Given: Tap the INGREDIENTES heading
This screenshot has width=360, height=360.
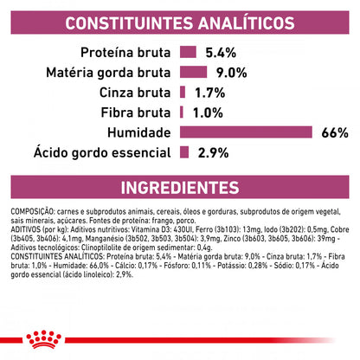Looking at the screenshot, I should point(180,187).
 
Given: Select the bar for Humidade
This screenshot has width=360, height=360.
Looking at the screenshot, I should point(246,132).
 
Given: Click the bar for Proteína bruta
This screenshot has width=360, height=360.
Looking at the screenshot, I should point(187,51).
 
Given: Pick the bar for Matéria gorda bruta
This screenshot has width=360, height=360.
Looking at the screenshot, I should point(190,71).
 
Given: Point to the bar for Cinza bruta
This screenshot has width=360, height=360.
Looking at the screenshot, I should point(183,91).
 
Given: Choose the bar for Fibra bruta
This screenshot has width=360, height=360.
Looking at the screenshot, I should point(182,111).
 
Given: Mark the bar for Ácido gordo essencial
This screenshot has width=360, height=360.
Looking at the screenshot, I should point(184,152).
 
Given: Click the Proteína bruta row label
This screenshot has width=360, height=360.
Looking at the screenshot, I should point(129,51).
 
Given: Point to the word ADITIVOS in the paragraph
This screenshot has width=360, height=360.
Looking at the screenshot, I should point(25,228).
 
